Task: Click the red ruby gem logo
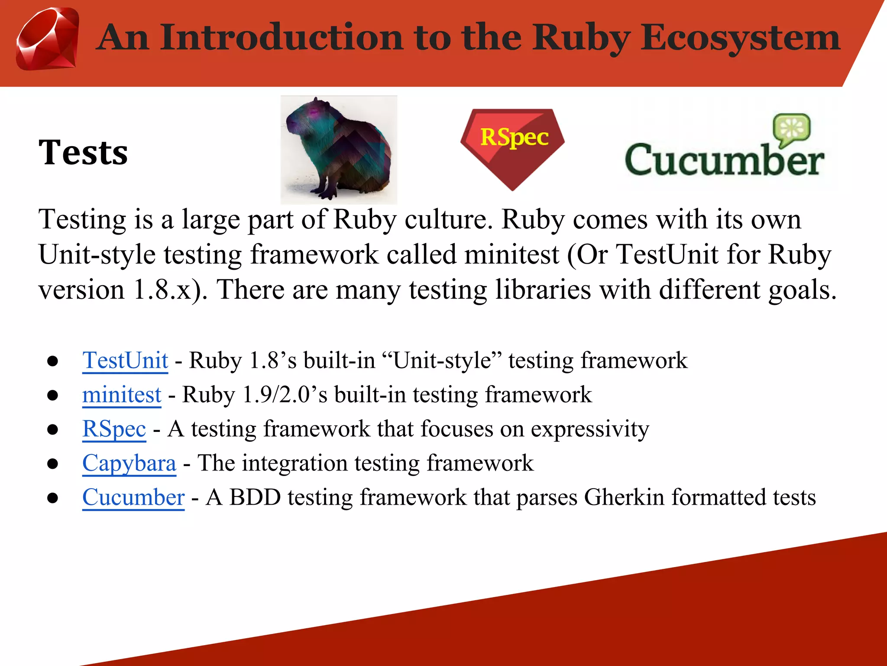[x=48, y=39]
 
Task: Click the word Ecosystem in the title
[x=740, y=38]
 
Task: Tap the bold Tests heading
[x=83, y=153]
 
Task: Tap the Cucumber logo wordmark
[x=724, y=160]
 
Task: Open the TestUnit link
[x=125, y=361]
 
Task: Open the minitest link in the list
[x=122, y=395]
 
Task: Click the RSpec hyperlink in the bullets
[x=114, y=429]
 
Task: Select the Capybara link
[x=129, y=464]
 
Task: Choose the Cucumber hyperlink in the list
[x=133, y=498]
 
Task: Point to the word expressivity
[x=590, y=429]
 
